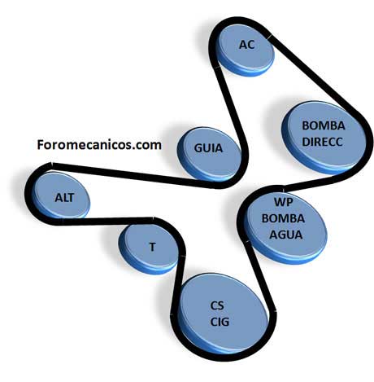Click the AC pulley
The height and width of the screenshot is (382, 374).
tap(246, 51)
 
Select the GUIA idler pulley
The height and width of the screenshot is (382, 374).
tap(209, 154)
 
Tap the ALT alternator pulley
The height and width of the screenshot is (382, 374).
tap(61, 196)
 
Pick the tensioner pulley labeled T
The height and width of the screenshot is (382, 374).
tap(149, 248)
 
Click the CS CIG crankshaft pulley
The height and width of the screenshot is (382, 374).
tap(223, 314)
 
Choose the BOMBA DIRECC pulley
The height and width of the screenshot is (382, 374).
tap(322, 138)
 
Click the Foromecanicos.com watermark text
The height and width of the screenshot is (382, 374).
tap(99, 145)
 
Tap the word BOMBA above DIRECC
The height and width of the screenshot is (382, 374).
tap(324, 125)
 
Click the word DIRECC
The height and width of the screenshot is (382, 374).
tap(322, 142)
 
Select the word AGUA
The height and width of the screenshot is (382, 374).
tap(286, 235)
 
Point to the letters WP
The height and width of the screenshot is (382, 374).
tap(284, 202)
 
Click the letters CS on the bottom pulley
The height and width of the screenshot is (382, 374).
tap(217, 305)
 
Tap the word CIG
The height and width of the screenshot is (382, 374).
tap(220, 322)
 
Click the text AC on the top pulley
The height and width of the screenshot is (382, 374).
tap(247, 45)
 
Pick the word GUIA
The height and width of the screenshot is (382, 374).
tap(208, 148)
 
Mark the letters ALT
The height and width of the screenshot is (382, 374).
tap(64, 198)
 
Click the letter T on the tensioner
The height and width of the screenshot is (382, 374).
tap(153, 247)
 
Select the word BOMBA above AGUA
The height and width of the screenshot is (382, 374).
tap(283, 218)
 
